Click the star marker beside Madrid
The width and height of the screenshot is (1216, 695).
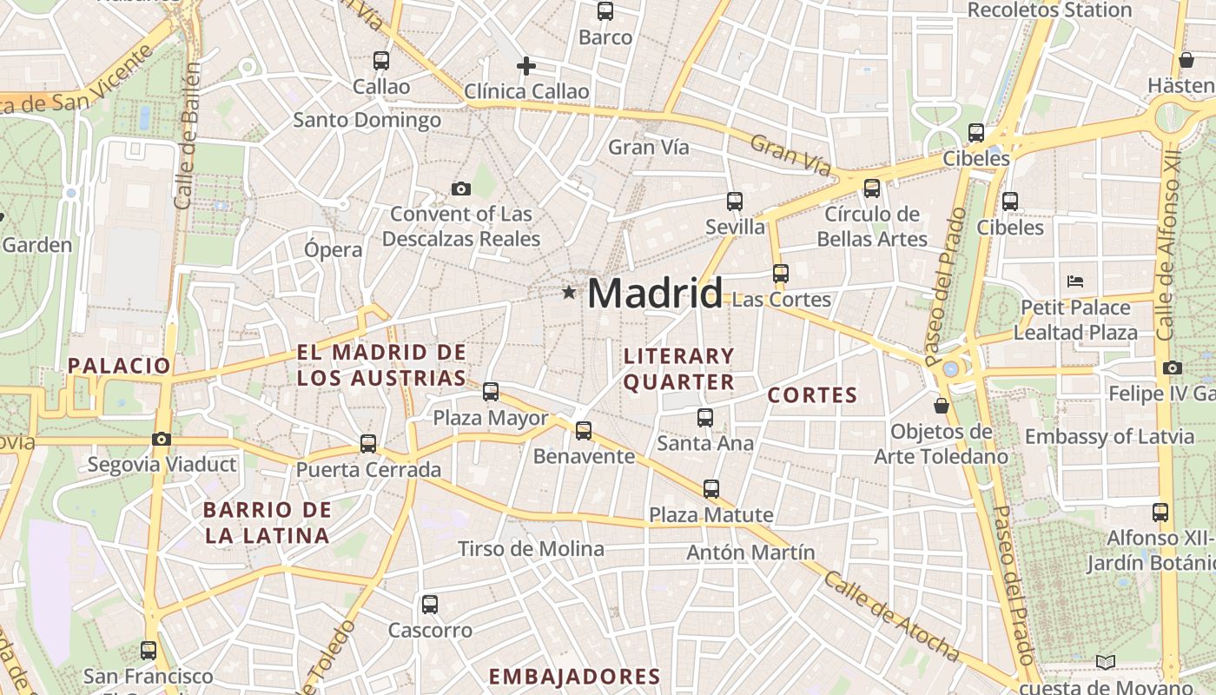(x=569, y=293)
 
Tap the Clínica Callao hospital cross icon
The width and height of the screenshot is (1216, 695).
(x=525, y=66)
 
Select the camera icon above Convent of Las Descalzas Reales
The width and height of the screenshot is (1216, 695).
(x=460, y=189)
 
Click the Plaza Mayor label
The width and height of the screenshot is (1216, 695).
(x=491, y=418)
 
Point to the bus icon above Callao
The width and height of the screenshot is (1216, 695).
(x=381, y=61)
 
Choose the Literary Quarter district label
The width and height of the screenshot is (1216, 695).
(x=679, y=368)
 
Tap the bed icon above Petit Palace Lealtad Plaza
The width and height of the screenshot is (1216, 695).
(x=1075, y=281)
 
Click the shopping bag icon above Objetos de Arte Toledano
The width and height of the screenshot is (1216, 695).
(x=941, y=406)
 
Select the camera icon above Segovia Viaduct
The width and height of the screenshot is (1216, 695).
(x=162, y=439)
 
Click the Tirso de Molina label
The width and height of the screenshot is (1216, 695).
(x=531, y=549)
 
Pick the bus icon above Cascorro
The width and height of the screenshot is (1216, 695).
(x=430, y=605)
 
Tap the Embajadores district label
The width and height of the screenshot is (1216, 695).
(x=574, y=677)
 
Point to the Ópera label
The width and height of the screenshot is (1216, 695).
(x=333, y=250)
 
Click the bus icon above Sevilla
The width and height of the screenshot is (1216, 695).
(x=735, y=202)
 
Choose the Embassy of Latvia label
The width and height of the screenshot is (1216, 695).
(x=1109, y=436)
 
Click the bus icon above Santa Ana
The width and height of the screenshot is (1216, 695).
(x=705, y=418)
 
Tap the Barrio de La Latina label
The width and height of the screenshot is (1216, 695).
(x=268, y=522)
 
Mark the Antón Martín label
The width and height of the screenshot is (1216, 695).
(x=750, y=553)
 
